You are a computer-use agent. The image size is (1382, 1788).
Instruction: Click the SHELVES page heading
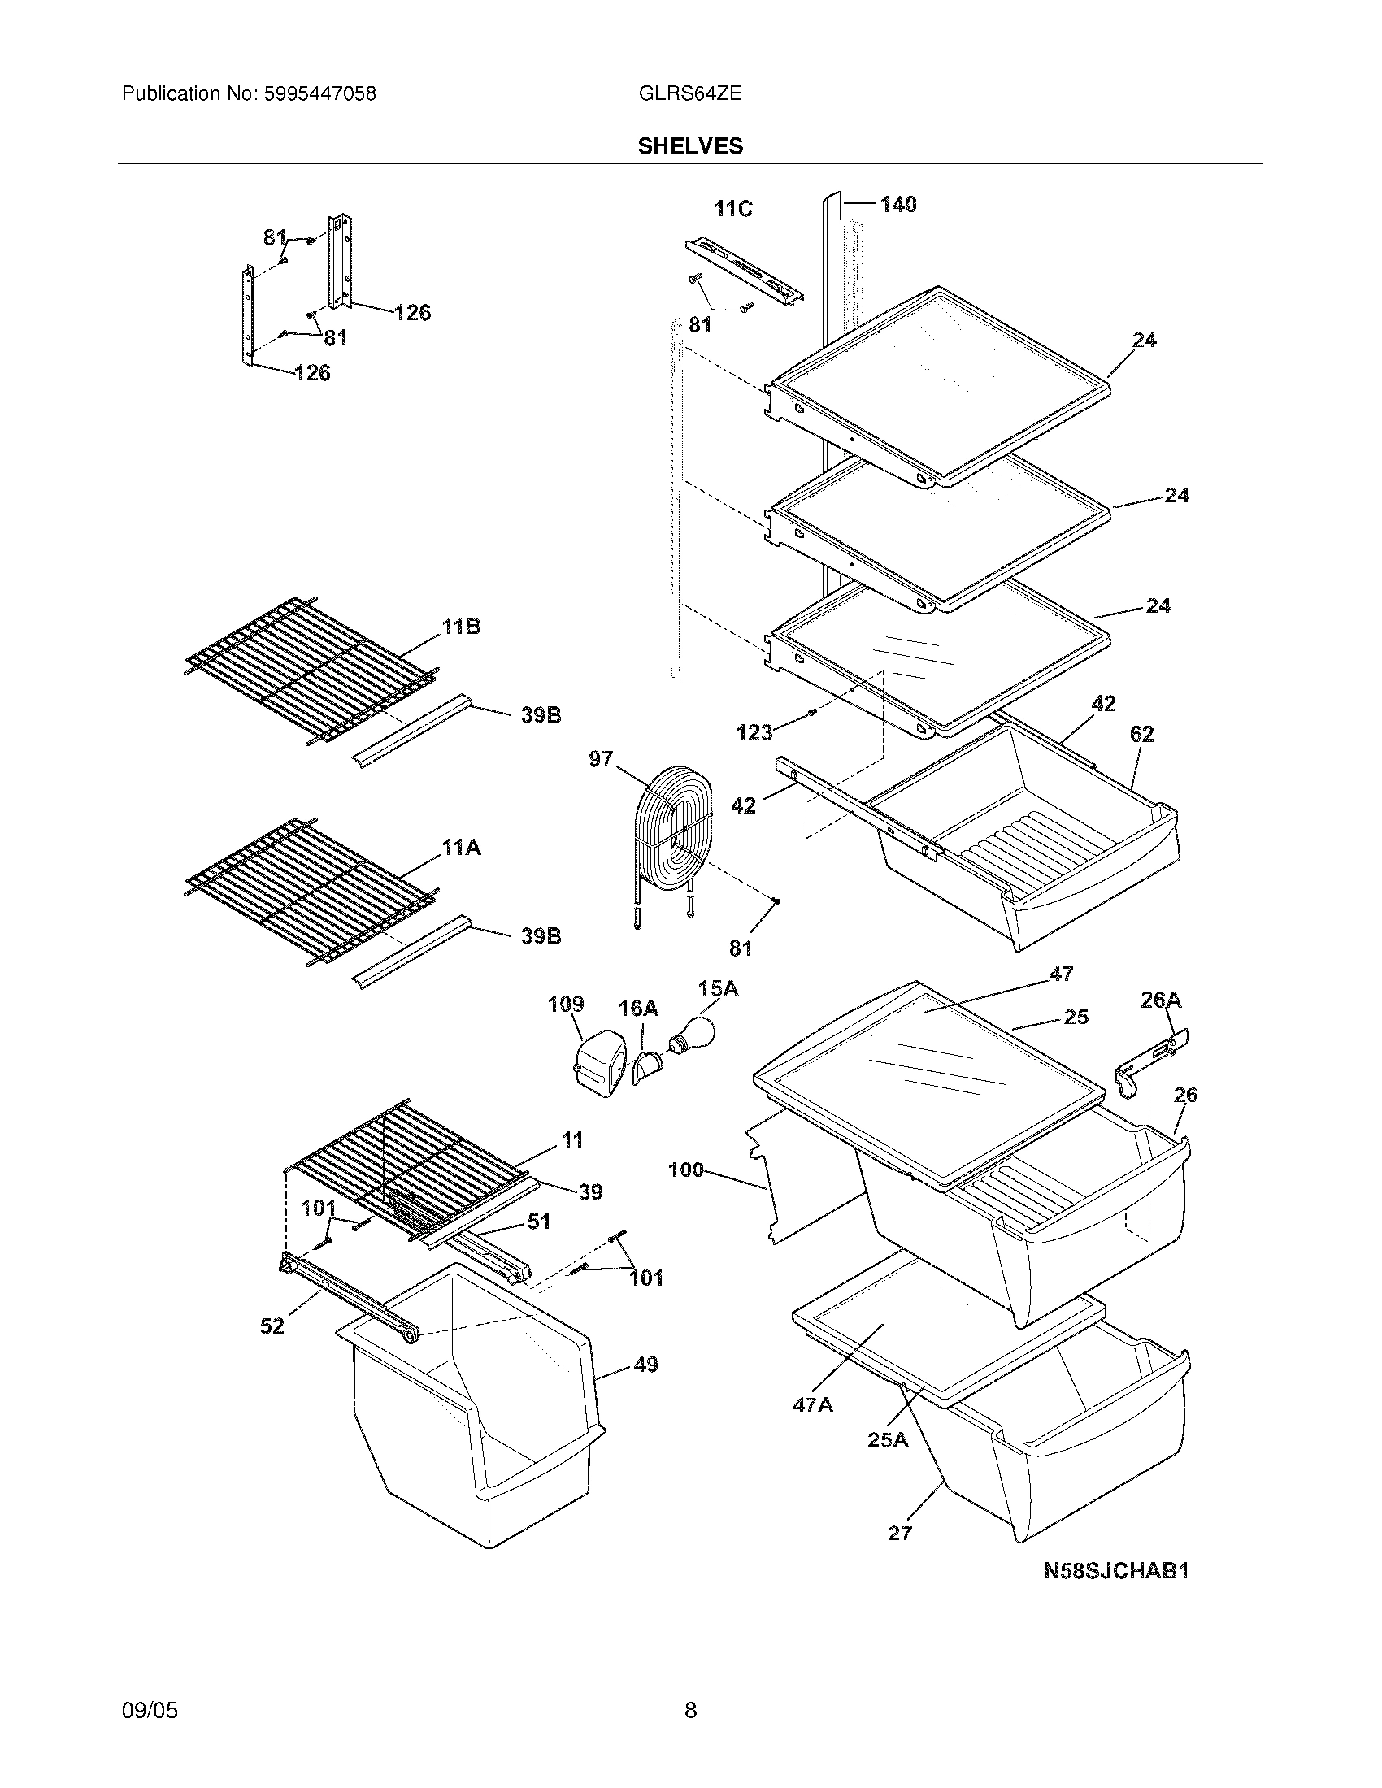[x=690, y=145]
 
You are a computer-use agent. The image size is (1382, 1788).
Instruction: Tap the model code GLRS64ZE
[x=689, y=94]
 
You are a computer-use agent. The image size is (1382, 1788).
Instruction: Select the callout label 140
[x=897, y=205]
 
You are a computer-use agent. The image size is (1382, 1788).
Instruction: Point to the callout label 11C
[x=732, y=210]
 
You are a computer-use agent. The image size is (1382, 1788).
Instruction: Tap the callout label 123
[x=754, y=733]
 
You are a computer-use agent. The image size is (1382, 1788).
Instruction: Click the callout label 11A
[x=461, y=848]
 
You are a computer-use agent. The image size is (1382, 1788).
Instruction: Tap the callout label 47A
[x=812, y=1405]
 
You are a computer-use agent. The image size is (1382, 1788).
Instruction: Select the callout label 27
[x=899, y=1533]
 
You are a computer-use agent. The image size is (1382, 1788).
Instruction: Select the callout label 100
[x=686, y=1170]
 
